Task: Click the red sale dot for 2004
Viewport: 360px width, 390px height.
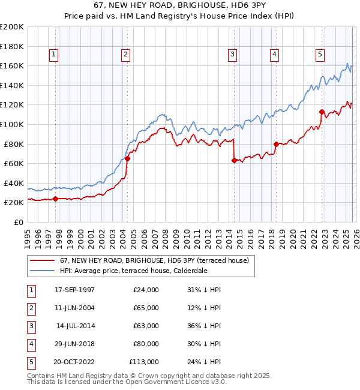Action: (x=127, y=159)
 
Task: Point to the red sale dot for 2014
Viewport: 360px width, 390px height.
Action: (x=233, y=161)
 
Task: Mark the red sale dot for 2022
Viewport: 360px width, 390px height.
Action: (x=322, y=112)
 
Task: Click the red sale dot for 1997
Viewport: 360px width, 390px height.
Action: (x=56, y=199)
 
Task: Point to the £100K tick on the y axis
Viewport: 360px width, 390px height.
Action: (x=13, y=124)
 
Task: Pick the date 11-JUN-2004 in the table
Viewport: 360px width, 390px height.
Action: (x=74, y=308)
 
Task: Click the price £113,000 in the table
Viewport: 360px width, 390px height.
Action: (x=144, y=362)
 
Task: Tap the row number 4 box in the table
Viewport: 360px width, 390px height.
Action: (x=29, y=344)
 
